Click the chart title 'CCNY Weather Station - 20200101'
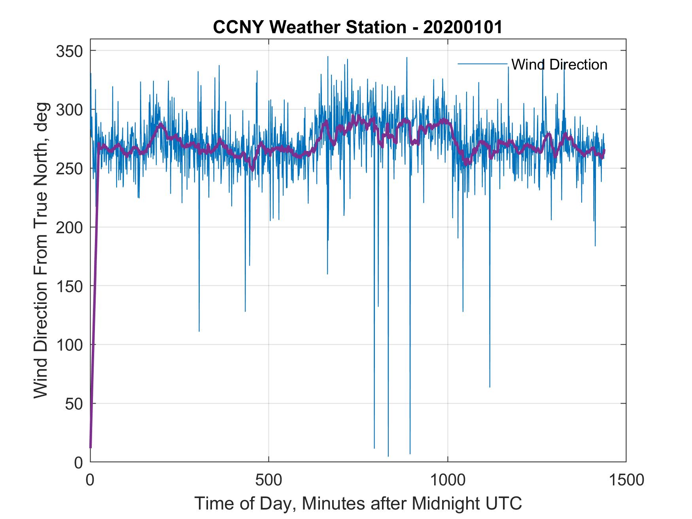coord(357,27)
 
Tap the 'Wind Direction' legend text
coord(559,64)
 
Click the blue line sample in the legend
coord(482,64)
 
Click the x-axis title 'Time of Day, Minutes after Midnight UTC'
coord(358,504)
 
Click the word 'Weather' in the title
coord(311,27)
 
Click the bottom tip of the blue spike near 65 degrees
coord(490,387)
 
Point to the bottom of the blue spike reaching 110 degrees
coord(199,331)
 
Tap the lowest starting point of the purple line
coord(91,447)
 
